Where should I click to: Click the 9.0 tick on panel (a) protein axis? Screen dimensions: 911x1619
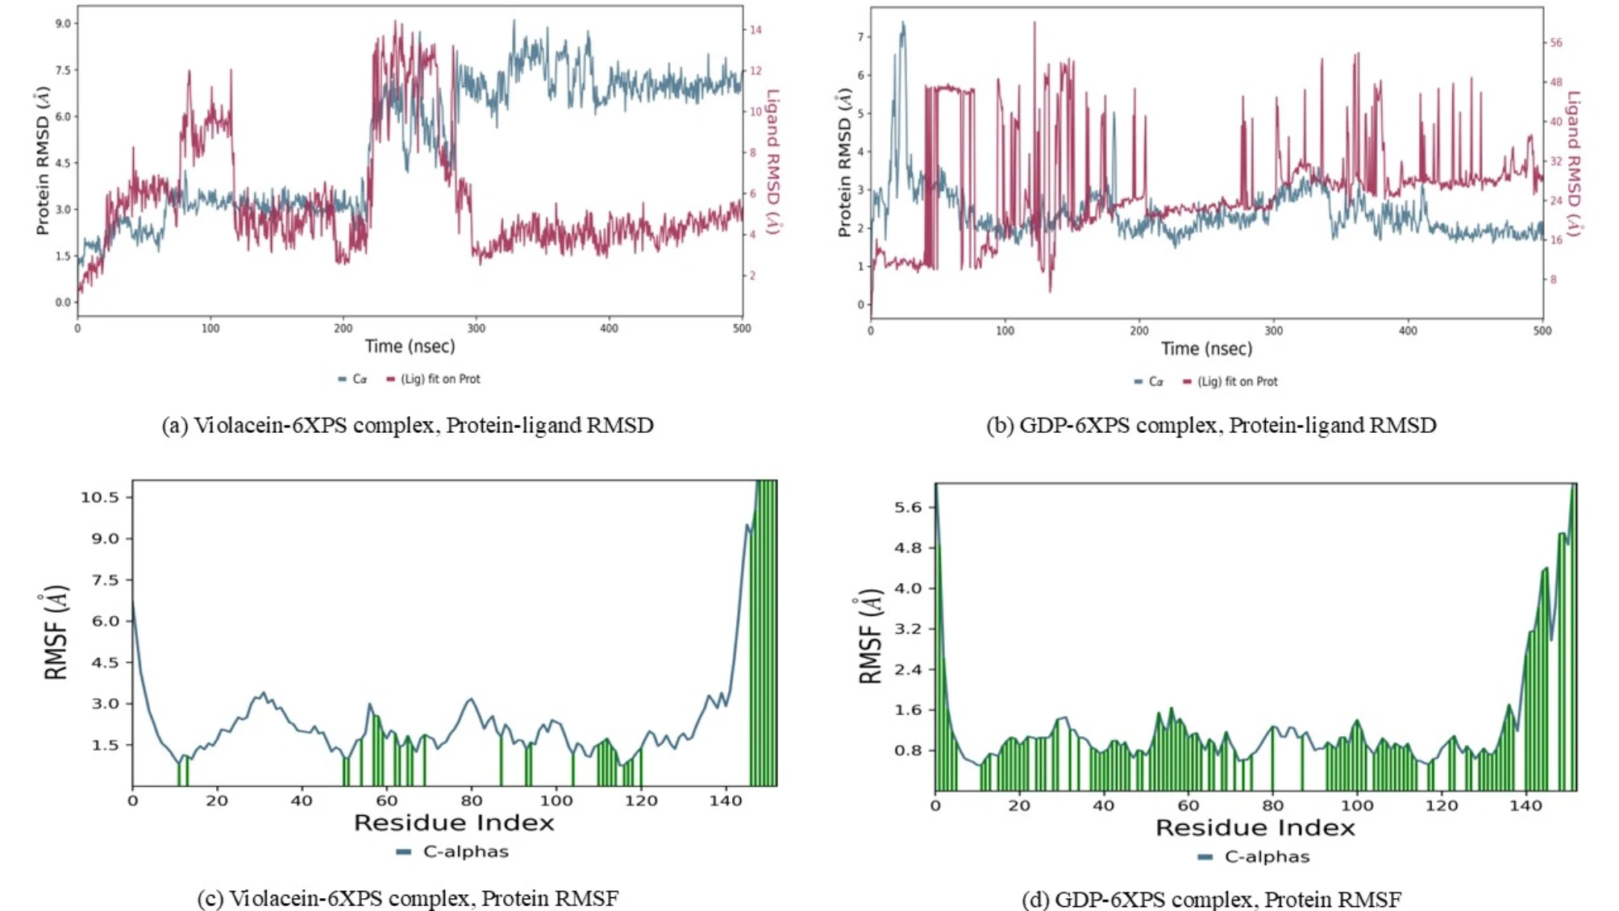62,23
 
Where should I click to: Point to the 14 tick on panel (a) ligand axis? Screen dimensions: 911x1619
755,30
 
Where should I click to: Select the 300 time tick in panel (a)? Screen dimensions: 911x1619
477,328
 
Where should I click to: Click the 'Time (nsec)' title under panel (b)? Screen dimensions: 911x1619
1206,348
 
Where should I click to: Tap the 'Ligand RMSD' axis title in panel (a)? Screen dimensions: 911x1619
772,161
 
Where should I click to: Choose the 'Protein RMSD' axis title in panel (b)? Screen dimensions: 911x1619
844,162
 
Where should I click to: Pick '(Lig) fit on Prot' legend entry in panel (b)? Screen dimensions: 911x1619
1237,381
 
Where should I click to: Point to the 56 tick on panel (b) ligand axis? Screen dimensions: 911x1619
1556,43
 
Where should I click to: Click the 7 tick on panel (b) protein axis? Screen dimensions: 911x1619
860,37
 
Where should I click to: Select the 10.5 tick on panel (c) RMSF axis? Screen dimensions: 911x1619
99,497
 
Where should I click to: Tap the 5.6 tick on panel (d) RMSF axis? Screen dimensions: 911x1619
908,507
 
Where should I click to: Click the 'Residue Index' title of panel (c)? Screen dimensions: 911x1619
454,823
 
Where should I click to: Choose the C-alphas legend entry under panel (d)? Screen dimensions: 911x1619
1267,856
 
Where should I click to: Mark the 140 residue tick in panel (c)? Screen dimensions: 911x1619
726,801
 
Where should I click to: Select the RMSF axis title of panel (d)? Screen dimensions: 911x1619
871,637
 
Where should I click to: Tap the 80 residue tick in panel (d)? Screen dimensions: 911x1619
1272,805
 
